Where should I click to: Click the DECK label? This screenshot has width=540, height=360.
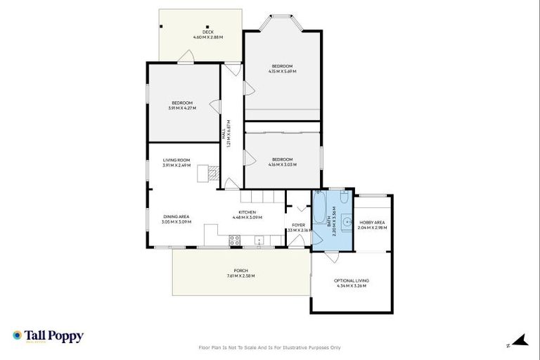pyautogui.click(x=207, y=32)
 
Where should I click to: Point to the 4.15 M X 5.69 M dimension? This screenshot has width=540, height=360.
pyautogui.click(x=282, y=71)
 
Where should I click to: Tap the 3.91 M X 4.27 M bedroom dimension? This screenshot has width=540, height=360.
pyautogui.click(x=182, y=108)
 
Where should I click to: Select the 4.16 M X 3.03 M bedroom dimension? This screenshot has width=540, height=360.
pyautogui.click(x=282, y=165)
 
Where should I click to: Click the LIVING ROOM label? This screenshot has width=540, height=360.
pyautogui.click(x=176, y=160)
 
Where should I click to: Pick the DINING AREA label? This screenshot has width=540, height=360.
pyautogui.click(x=176, y=217)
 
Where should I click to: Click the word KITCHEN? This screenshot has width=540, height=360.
pyautogui.click(x=247, y=212)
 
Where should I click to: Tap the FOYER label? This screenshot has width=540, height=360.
pyautogui.click(x=299, y=225)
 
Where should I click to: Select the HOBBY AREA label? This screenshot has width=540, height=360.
pyautogui.click(x=372, y=222)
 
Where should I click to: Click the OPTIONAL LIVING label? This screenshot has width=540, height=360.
pyautogui.click(x=352, y=281)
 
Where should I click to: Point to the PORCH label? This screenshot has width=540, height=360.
pyautogui.click(x=241, y=271)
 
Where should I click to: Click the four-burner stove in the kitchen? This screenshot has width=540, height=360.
pyautogui.click(x=235, y=240)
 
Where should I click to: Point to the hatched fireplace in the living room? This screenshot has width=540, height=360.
pyautogui.click(x=209, y=172)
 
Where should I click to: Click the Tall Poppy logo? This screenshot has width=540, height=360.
pyautogui.click(x=48, y=337)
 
